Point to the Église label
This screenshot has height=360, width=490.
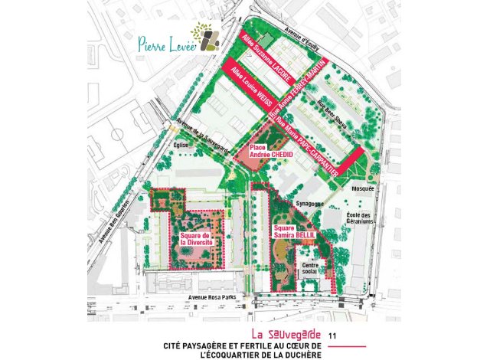(181, 144)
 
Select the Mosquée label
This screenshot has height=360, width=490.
(362, 188)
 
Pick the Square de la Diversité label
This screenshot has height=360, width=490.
(196, 238)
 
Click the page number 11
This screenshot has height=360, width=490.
(332, 335)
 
